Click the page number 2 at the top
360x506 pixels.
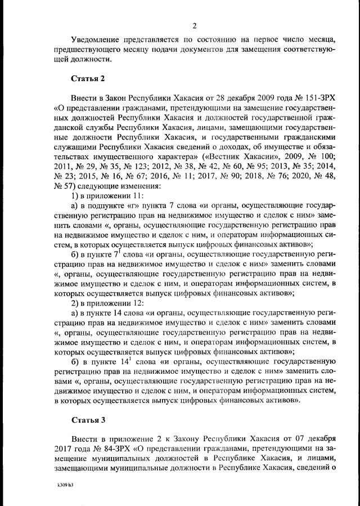pos(194,25)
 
